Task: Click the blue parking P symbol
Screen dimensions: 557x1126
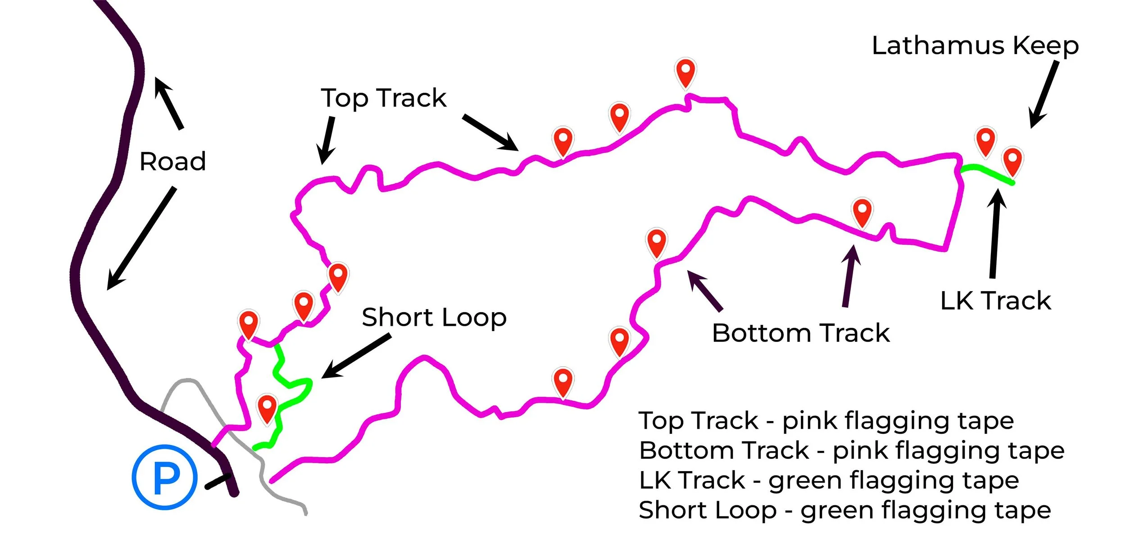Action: coord(165,477)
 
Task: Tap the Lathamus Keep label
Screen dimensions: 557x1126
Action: coord(975,46)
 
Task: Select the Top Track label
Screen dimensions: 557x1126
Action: coord(383,98)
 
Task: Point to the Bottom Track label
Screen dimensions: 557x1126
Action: coord(801,333)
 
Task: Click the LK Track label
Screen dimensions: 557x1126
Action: coord(995,301)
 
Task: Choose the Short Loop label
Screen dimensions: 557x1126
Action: coord(434,318)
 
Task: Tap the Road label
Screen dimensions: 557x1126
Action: coord(173,162)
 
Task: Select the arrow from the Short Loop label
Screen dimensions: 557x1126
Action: coord(356,356)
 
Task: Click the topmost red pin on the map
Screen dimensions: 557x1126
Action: coord(686,72)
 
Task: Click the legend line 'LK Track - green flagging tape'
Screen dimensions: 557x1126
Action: coord(829,481)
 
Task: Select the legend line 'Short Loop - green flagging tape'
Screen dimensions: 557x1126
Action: coord(845,511)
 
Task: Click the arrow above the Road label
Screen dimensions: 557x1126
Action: coord(169,103)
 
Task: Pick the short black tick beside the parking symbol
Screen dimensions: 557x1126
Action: coord(218,481)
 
